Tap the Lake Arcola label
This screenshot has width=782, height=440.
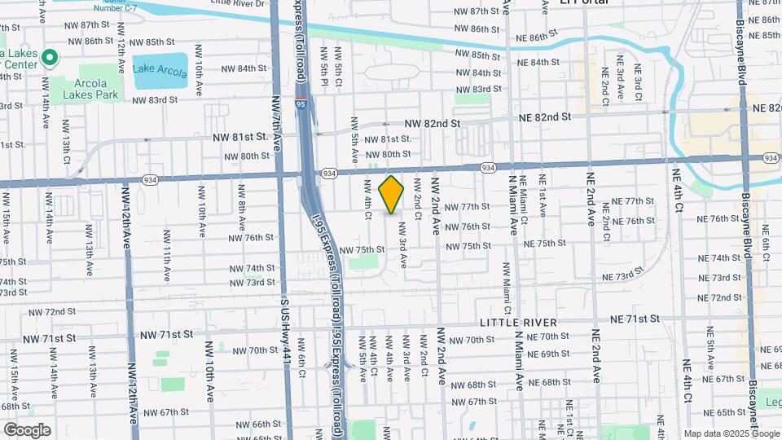click(162, 68)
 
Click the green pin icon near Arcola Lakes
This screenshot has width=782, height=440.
click(49, 58)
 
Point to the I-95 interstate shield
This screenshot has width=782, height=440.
click(301, 103)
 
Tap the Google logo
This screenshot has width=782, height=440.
click(26, 429)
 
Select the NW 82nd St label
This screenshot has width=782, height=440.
click(432, 123)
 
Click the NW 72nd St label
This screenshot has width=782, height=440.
click(57, 312)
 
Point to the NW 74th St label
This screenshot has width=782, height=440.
click(252, 267)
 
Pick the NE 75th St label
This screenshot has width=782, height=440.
click(544, 244)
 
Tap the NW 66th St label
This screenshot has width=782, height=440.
click(255, 425)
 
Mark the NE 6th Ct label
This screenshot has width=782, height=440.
click(765, 244)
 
